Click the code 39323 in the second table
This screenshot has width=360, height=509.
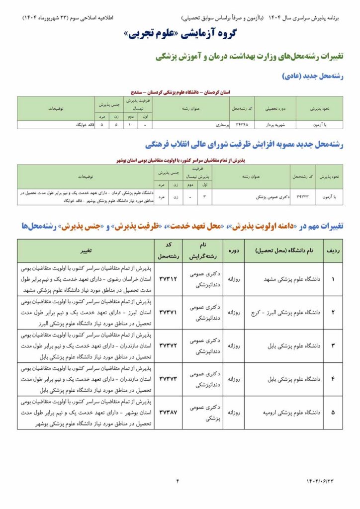pos(303,197)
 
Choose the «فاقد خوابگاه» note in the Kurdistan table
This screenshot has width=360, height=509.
pos(85,125)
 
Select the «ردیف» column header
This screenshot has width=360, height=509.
pos(333,251)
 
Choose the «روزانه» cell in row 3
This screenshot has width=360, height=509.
pos(233,345)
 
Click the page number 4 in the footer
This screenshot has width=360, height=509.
pos(178,481)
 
